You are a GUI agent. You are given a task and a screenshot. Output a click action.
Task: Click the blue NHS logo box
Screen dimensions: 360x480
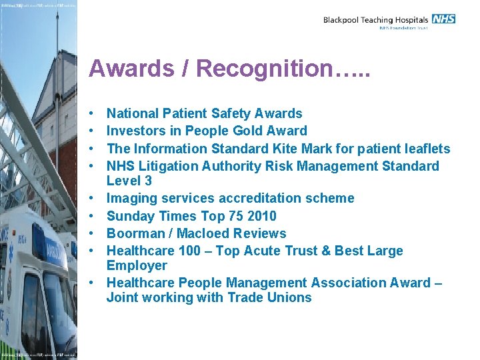443,19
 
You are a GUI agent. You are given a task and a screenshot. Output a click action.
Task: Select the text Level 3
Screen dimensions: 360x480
129,181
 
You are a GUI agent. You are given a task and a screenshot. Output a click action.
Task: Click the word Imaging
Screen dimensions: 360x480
132,199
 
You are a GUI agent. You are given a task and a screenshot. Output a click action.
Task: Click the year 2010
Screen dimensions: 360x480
261,216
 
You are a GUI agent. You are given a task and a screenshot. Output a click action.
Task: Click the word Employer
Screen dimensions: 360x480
137,265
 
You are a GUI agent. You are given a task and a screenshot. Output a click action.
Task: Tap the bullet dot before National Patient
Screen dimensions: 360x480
91,114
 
